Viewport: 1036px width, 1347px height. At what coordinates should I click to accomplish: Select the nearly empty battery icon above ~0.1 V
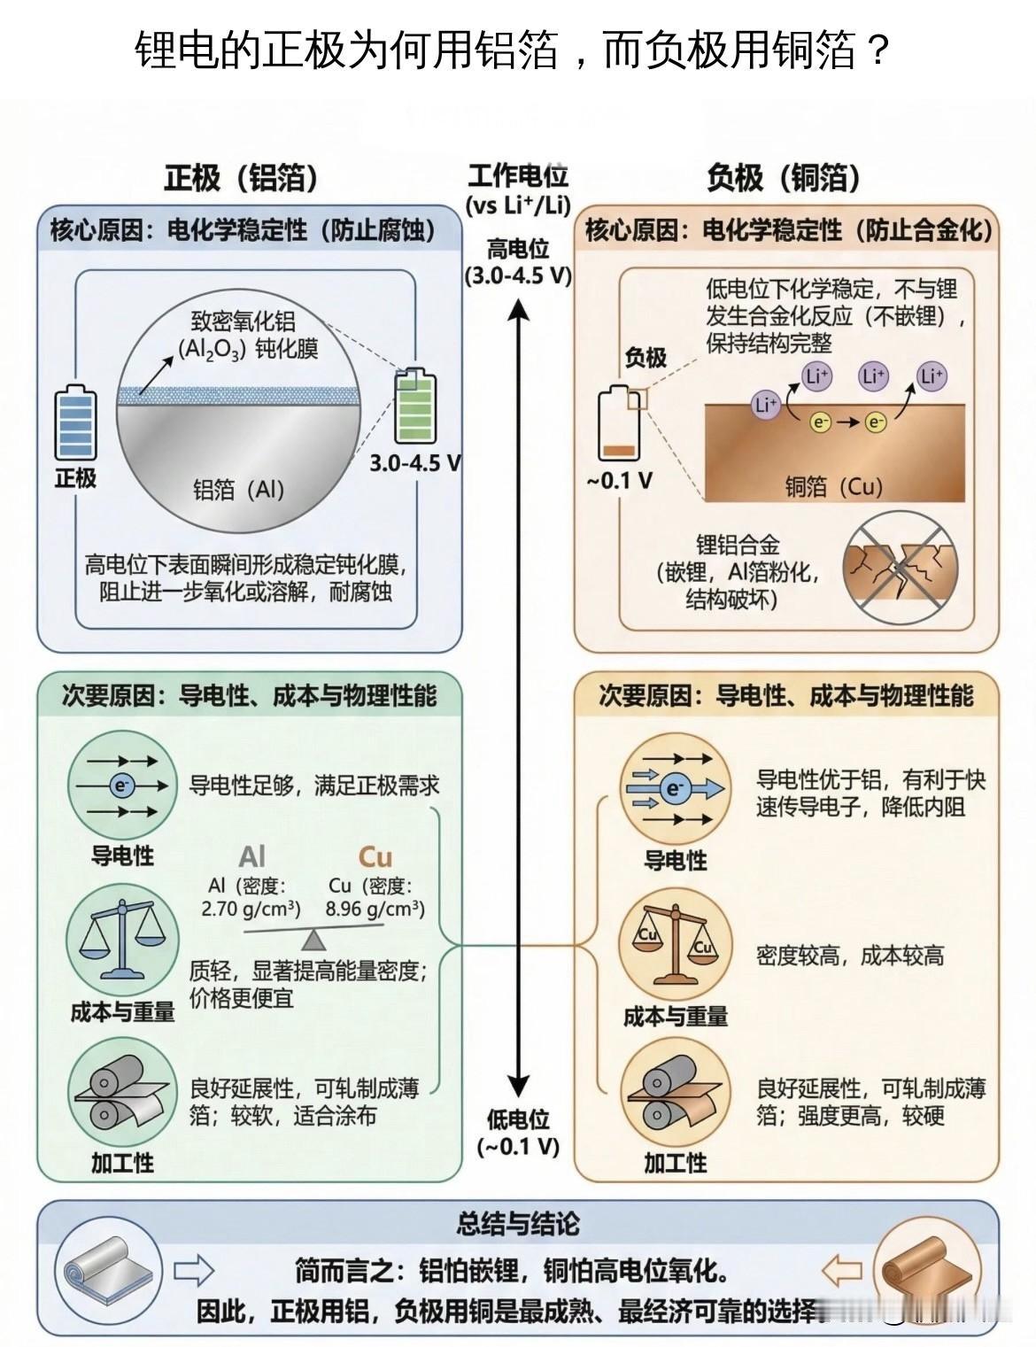(619, 425)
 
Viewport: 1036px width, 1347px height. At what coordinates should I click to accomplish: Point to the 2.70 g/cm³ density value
(251, 909)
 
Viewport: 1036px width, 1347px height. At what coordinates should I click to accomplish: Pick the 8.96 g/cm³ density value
(375, 909)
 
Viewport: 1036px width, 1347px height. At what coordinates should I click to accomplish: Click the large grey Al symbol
(251, 857)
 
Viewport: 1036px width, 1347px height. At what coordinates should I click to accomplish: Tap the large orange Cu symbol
(375, 857)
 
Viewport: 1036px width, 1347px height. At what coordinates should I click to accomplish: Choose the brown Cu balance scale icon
(675, 946)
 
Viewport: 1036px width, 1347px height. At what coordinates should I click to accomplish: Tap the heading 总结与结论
(518, 1225)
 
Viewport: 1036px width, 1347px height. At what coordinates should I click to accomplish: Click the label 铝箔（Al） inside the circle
(239, 490)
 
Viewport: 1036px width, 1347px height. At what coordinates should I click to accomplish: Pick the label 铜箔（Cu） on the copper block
(833, 486)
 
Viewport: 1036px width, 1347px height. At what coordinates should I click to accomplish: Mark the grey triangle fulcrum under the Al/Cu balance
(313, 940)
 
